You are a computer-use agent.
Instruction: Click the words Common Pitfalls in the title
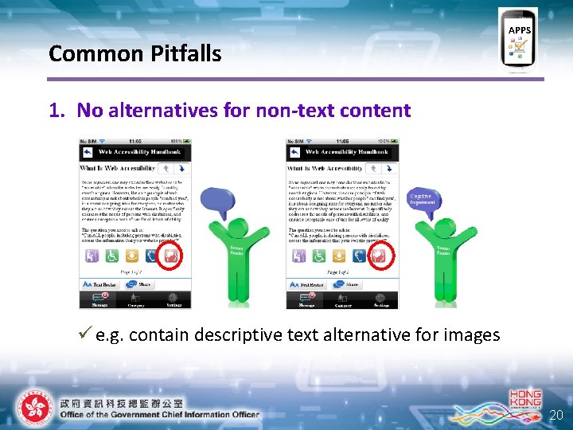(134, 53)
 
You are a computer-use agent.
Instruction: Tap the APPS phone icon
(518, 40)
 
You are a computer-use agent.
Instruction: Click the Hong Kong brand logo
(524, 402)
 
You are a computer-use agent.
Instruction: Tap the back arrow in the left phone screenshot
(88, 152)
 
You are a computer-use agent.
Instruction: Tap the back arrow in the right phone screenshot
(294, 152)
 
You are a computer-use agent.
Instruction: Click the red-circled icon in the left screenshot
(170, 256)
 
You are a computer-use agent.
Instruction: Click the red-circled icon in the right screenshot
(379, 256)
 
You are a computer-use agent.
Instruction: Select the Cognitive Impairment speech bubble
(423, 199)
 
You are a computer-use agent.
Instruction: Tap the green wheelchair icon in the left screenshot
(111, 256)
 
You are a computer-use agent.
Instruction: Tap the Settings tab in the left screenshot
(173, 301)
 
